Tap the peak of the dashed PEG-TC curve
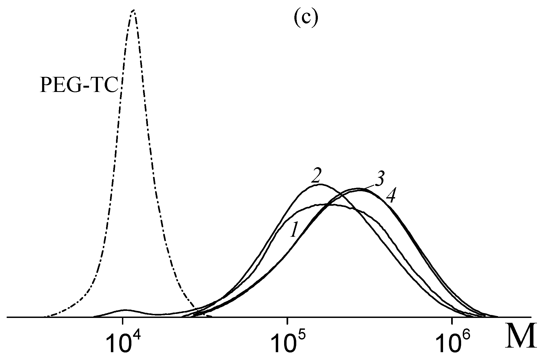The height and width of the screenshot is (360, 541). pyautogui.click(x=134, y=11)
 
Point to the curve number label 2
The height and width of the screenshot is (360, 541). pyautogui.click(x=315, y=177)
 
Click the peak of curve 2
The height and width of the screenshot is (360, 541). pyautogui.click(x=320, y=184)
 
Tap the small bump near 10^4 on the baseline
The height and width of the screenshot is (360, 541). pyautogui.click(x=125, y=310)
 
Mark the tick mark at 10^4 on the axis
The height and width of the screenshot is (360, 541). pyautogui.click(x=123, y=321)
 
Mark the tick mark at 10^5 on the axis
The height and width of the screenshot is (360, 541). pyautogui.click(x=288, y=321)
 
